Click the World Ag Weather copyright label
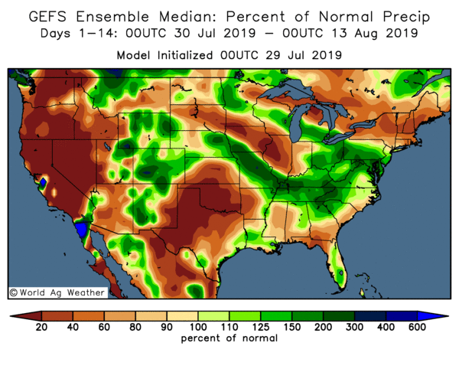pos(45,292)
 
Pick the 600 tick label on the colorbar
pos(418,328)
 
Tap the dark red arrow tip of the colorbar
pos(15,315)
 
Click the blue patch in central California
pos(44,184)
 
